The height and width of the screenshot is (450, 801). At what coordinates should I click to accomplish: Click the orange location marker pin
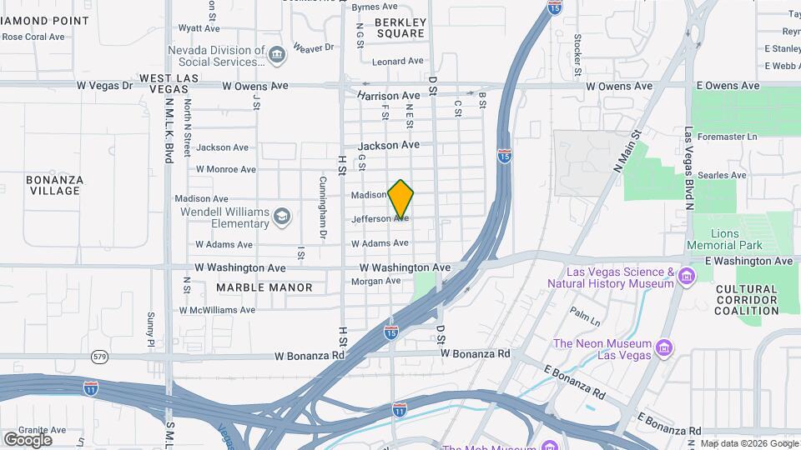[x=400, y=198]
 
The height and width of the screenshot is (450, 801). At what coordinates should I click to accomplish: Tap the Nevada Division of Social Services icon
[x=277, y=56]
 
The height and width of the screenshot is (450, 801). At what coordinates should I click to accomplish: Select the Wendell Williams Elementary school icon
[x=283, y=217]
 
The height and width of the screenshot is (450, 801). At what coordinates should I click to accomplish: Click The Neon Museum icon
[x=664, y=346]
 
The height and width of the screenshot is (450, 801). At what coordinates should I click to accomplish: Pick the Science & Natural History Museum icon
[x=687, y=277]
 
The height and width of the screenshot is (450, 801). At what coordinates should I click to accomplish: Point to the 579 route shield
[x=98, y=357]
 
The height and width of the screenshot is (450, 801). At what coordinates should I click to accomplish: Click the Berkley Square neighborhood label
[x=400, y=27]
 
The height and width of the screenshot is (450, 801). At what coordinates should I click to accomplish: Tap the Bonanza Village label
[x=53, y=185]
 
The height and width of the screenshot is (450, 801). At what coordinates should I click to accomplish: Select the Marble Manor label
[x=264, y=287]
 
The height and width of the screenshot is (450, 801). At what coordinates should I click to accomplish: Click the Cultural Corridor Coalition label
[x=747, y=300]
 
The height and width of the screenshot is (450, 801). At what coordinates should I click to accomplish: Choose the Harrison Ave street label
[x=389, y=96]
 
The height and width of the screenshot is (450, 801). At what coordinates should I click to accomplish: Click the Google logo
[x=28, y=439]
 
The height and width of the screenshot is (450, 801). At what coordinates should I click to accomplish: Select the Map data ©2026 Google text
[x=748, y=443]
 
